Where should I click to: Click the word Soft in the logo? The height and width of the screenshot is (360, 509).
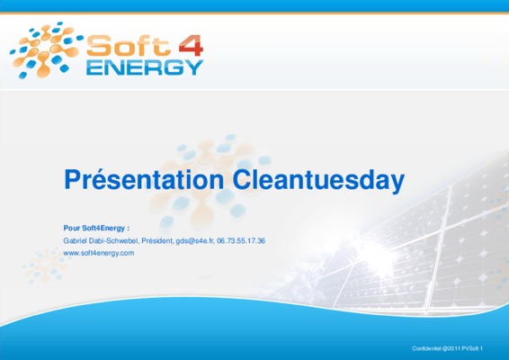(129, 46)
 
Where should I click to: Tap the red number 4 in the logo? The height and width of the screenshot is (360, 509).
(191, 46)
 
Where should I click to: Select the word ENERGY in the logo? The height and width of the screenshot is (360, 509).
(145, 67)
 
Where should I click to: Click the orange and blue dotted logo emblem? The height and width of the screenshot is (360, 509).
(46, 50)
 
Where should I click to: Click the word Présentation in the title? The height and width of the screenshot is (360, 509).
(144, 180)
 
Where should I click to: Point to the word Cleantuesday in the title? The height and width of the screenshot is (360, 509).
(318, 180)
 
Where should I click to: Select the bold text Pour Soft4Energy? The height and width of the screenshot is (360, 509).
(94, 228)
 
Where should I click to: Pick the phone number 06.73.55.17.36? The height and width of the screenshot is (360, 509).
(241, 241)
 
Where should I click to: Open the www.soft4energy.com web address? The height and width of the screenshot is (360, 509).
(99, 253)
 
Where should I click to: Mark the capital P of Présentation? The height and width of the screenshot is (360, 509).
(71, 180)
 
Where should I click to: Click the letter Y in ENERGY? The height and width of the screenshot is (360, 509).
(195, 67)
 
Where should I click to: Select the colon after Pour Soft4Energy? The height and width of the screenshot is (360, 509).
(129, 229)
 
